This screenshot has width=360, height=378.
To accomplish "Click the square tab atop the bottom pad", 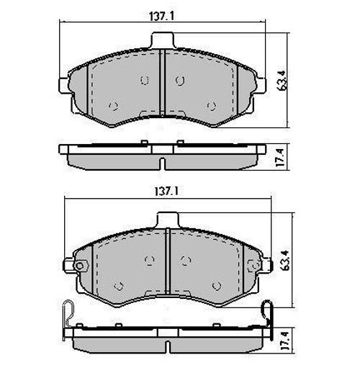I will [167, 218].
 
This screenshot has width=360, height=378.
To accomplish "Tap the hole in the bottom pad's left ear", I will [78, 266].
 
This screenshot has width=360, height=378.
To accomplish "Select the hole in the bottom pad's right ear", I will [258, 266].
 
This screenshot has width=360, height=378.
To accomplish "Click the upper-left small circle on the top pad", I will [144, 80].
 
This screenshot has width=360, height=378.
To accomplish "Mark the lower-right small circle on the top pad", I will [210, 106].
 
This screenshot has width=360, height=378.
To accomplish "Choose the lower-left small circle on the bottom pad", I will [119, 285].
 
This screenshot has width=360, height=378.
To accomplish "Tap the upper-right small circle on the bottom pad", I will [185, 260].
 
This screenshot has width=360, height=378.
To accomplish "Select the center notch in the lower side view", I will [166, 346].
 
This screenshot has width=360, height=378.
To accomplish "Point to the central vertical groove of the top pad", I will [162, 83].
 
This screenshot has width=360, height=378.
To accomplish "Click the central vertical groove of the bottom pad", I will [168, 263].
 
